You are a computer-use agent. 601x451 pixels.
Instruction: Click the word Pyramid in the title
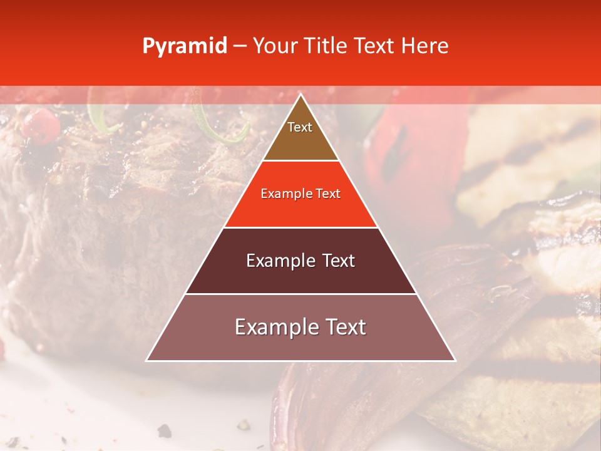[184, 46]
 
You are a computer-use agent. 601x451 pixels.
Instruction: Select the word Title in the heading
[325, 46]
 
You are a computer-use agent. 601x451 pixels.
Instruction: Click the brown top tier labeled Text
[300, 141]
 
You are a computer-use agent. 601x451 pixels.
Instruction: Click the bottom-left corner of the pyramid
[147, 361]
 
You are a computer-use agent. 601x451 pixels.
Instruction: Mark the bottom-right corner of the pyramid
[455, 361]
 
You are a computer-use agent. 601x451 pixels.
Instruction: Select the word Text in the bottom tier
[343, 327]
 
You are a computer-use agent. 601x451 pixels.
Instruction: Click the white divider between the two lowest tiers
[300, 294]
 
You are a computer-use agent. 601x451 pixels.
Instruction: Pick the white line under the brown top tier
[300, 161]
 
